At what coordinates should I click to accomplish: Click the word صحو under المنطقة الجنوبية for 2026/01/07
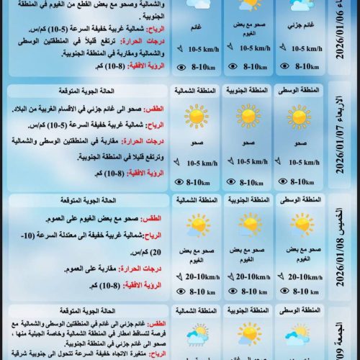(x=247, y=142)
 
